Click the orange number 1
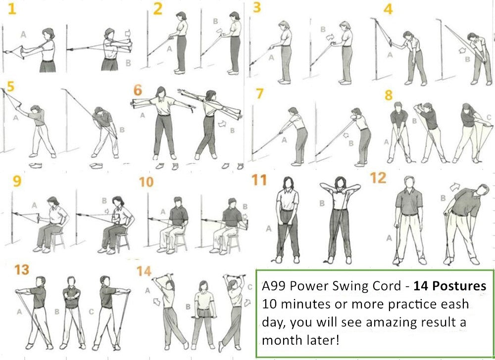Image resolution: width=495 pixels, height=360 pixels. tap(10, 9)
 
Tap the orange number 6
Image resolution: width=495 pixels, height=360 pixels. tap(138, 91)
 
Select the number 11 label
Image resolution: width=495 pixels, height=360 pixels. tap(259, 180)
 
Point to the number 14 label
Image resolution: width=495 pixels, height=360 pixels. tap(144, 271)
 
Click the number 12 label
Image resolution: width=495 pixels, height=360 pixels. tap(378, 178)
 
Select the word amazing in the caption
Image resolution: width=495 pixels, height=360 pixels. tap(362, 322)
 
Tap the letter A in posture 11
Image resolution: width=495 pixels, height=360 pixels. tap(269, 228)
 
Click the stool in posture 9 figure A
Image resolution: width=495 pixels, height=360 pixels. tap(57, 240)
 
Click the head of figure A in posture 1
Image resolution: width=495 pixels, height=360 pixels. tap(48, 34)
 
